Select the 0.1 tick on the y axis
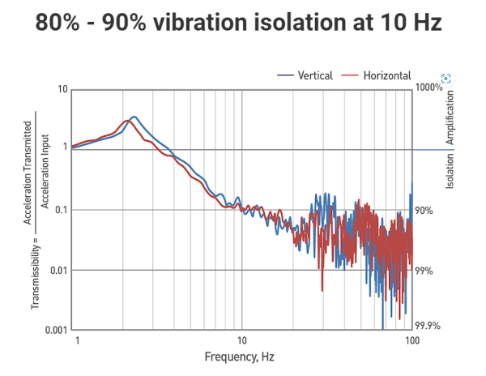tap(59, 210)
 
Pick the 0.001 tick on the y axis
tap(54, 331)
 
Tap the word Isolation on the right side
tap(450, 172)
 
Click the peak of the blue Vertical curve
tap(134, 117)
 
